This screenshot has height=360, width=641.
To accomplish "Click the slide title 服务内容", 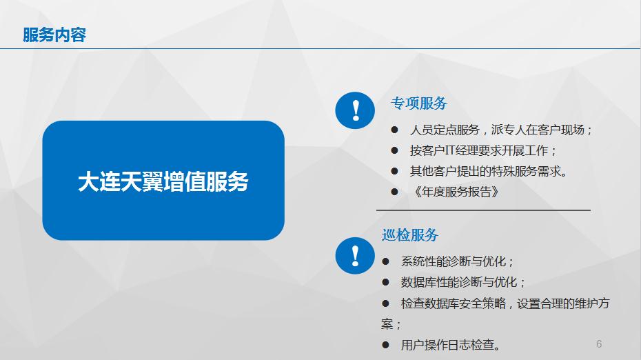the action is coord(54,34).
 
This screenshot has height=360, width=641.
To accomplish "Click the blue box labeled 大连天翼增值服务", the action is coord(163,181).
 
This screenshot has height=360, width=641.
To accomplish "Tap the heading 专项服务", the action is coord(419,103).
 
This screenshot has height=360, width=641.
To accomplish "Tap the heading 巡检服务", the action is coord(410,234).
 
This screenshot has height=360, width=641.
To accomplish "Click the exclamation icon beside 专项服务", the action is coord(355,110).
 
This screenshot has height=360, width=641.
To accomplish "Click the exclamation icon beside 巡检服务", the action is coord(355,256).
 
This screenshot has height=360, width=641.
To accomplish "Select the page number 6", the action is coord(599,344).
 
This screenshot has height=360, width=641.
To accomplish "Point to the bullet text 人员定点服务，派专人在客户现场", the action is coord(501,130).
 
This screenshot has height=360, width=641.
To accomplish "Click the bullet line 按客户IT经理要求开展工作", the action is coord(482,150).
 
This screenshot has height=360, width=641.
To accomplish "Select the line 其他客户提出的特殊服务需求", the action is coord(489,171).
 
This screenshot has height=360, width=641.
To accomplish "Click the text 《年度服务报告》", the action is coord(456,192).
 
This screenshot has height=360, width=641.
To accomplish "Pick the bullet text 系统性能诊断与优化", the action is coord(457,261).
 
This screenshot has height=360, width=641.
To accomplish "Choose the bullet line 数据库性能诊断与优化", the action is coord(462,282).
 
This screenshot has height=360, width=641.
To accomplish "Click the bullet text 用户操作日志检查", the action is coord(451,346).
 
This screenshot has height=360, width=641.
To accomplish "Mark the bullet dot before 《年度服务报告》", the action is coord(394,192).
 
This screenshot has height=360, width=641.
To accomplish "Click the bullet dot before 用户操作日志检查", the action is coord(385,346).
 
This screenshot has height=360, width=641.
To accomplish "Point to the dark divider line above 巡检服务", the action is coord(483,210).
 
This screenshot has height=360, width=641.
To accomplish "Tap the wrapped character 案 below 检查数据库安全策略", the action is coord(387,324).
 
